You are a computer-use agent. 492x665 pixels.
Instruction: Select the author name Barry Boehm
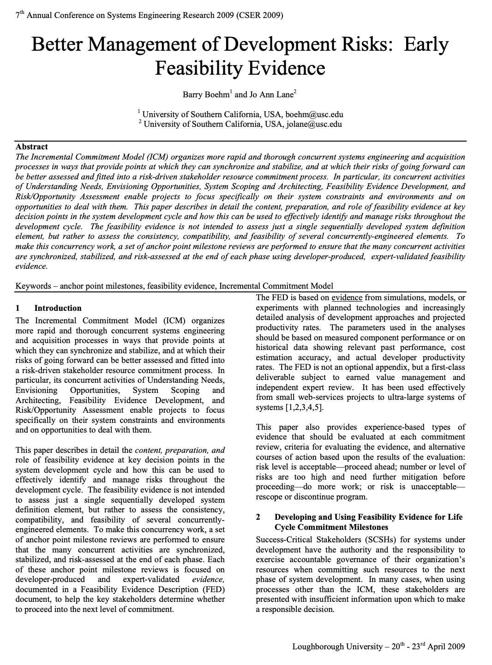[206, 95]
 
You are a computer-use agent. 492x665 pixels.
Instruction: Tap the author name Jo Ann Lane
[271, 95]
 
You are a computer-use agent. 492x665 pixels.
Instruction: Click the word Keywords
[33, 286]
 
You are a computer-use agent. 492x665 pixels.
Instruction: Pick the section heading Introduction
[58, 308]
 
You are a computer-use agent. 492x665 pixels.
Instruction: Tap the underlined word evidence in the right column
[347, 298]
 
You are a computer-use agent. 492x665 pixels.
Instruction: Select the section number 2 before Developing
[258, 517]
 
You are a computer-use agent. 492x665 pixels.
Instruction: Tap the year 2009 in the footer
[456, 647]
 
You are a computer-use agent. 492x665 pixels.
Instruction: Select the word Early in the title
[426, 45]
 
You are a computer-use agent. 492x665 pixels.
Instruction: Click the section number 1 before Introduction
[18, 308]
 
